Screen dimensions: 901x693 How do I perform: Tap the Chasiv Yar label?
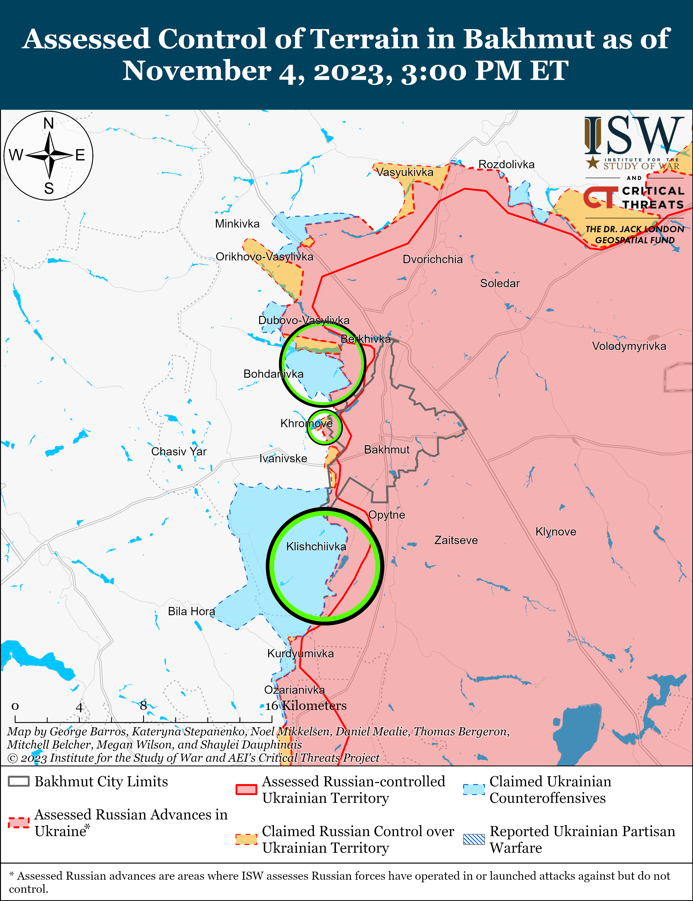pyautogui.click(x=179, y=451)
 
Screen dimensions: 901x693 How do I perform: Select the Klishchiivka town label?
pyautogui.click(x=316, y=547)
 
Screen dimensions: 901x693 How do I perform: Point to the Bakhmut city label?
pyautogui.click(x=386, y=450)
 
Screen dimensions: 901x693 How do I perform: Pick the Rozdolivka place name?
pyautogui.click(x=506, y=164)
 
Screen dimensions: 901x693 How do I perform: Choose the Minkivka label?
pyautogui.click(x=237, y=224)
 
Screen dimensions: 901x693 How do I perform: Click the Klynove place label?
pyautogui.click(x=556, y=532)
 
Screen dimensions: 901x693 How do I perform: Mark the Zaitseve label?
pyautogui.click(x=456, y=540)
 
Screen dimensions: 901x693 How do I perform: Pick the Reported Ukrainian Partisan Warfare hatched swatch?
pyautogui.click(x=474, y=839)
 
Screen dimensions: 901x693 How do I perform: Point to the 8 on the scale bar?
pyautogui.click(x=143, y=706)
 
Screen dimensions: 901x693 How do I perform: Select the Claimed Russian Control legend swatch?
pyautogui.click(x=246, y=839)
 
